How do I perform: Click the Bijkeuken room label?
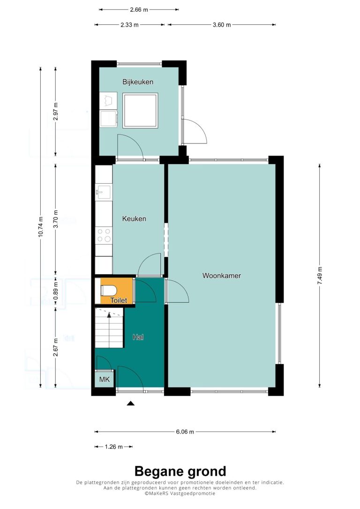[138, 82]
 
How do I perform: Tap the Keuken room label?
[134, 219]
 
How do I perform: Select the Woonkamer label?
[222, 276]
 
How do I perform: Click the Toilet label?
[119, 300]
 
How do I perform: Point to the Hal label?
[138, 337]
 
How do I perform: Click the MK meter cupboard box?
[105, 379]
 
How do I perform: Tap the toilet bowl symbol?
[107, 290]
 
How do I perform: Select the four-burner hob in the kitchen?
[104, 235]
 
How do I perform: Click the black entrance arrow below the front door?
[130, 404]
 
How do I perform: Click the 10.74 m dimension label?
[40, 226]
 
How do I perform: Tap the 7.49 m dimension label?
[320, 276]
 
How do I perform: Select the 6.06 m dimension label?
[185, 432]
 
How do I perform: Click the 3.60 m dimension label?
[222, 25]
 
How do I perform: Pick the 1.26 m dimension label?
[113, 447]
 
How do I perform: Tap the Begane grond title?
[180, 471]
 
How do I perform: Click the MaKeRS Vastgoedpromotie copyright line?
[180, 494]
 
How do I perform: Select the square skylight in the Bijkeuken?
[140, 110]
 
